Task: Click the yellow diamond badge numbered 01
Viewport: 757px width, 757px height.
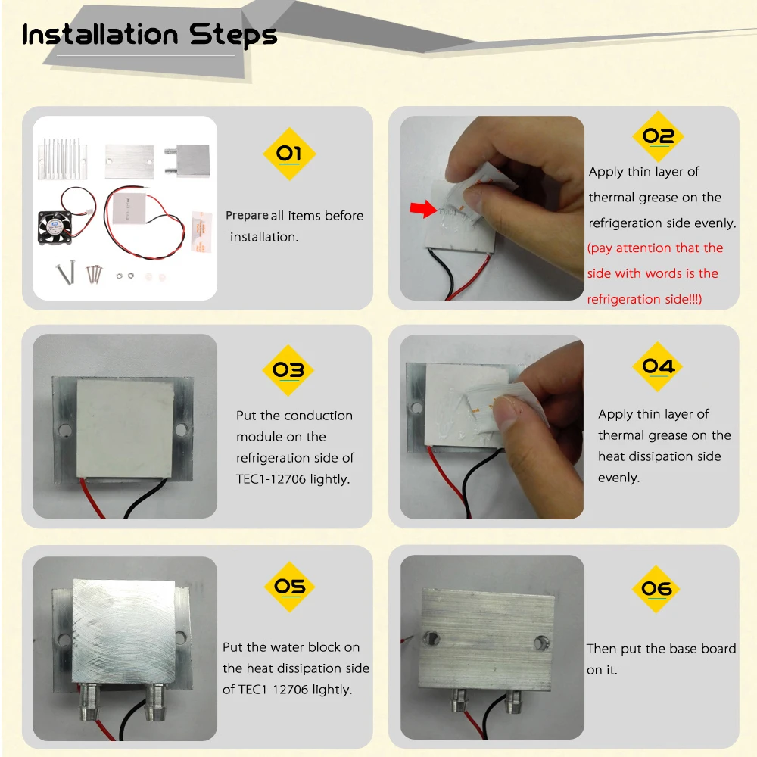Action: click(289, 154)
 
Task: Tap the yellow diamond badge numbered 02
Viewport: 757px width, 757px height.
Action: click(658, 136)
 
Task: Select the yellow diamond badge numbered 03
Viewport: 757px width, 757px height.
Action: click(288, 370)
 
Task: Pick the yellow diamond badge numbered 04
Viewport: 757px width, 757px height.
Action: click(658, 366)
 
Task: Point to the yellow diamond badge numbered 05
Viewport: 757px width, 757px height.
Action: click(290, 587)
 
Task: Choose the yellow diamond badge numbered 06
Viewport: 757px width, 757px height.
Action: click(656, 588)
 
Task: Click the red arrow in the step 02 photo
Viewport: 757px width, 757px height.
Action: click(423, 209)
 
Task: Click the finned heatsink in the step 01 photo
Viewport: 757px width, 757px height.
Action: click(62, 158)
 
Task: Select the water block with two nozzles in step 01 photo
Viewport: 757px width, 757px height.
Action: click(187, 160)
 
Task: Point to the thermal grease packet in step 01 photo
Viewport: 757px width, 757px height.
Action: click(201, 232)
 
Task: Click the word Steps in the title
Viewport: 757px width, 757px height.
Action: click(232, 36)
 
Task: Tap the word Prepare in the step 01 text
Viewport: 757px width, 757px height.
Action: click(247, 215)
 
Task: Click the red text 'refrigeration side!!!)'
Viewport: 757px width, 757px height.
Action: click(644, 299)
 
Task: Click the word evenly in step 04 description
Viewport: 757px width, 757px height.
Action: click(618, 478)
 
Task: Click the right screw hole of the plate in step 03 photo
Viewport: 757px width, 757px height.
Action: click(182, 429)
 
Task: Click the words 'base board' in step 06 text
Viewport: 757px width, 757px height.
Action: click(702, 649)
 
